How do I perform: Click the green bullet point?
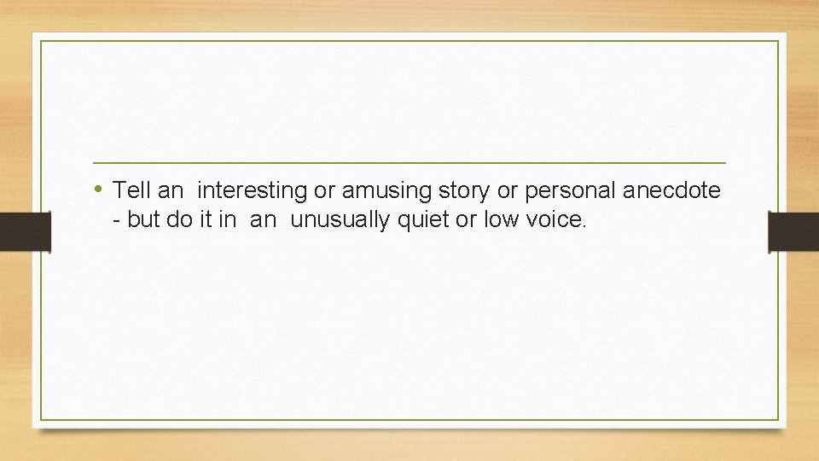click(x=100, y=189)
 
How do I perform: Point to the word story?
click(x=456, y=190)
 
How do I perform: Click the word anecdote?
click(x=671, y=190)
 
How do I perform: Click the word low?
click(x=501, y=219)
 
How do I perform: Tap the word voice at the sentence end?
click(x=555, y=219)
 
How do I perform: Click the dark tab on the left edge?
click(x=25, y=231)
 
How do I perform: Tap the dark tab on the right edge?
click(x=793, y=231)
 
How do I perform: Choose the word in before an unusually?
click(x=227, y=219)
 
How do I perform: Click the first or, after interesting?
click(x=322, y=190)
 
